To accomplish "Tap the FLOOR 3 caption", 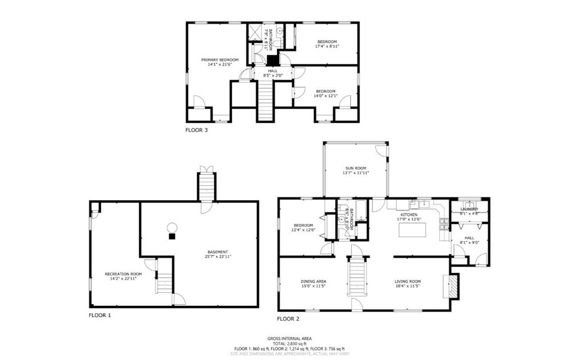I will coord(196,130).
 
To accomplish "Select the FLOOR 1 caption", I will coord(100,315).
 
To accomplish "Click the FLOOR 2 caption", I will coord(288,319).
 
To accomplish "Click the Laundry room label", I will coord(469,209).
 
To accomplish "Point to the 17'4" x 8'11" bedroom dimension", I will coord(327,47).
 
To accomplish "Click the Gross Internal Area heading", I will coord(289,338).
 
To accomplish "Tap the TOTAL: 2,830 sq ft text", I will coord(289,343).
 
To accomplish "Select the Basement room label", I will coord(218,252).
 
